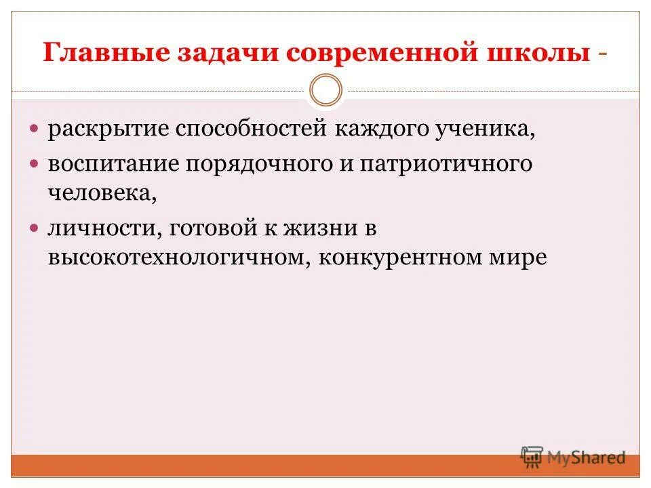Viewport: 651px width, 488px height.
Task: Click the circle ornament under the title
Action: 325,91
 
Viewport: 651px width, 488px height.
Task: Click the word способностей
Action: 253,129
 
